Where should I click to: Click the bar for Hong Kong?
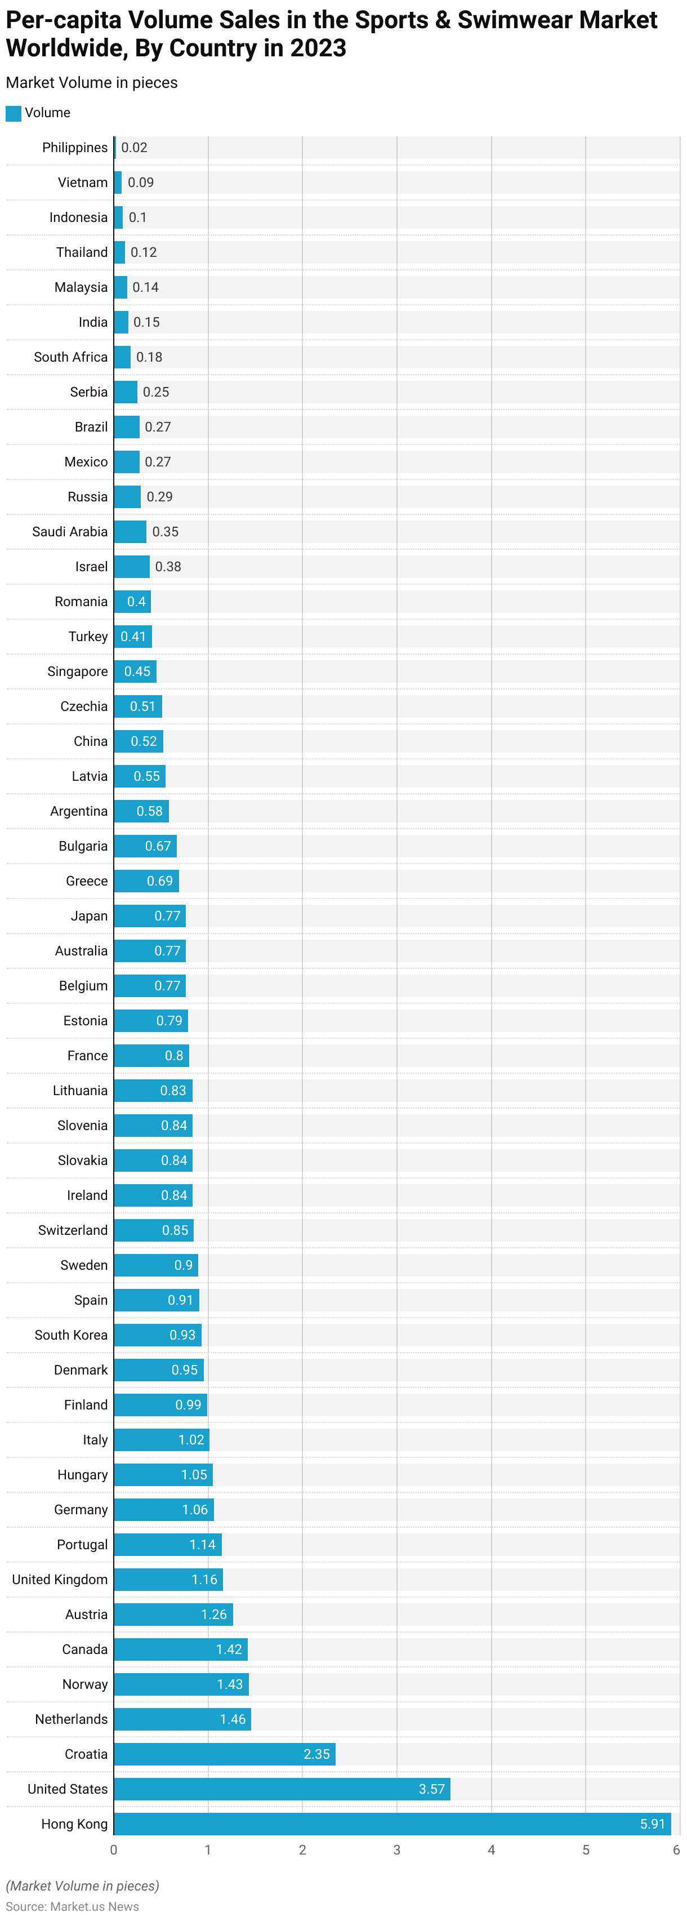[392, 1824]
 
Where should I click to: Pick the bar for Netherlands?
[182, 1719]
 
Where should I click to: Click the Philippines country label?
[74, 148]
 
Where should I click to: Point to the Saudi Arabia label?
[70, 532]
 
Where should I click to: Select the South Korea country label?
[71, 1335]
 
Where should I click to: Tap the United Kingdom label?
[60, 1580]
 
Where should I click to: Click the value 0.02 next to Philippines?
[134, 148]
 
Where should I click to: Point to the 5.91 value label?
[652, 1824]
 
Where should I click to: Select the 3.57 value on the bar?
[431, 1789]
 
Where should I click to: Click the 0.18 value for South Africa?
[149, 357]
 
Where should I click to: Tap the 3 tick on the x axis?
[396, 1850]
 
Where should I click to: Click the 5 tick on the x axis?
[586, 1850]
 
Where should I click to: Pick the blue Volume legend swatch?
[14, 113]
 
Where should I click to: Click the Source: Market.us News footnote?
[72, 1906]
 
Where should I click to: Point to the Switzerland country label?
[73, 1230]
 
